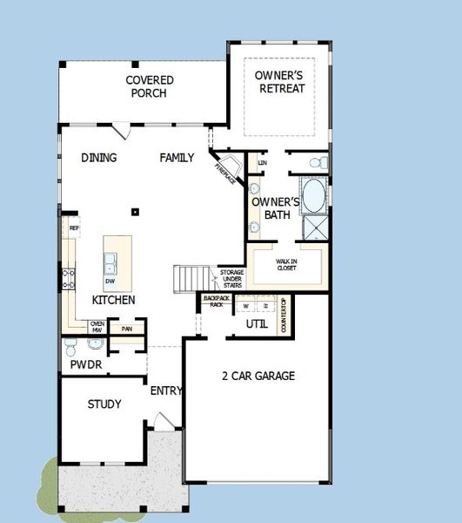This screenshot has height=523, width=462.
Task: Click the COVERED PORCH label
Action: tap(150, 86)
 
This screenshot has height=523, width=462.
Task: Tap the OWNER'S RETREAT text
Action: tap(279, 82)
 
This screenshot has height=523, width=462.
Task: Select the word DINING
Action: tap(99, 158)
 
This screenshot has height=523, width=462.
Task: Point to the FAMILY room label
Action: tap(177, 158)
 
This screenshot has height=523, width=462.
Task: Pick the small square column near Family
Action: tap(135, 211)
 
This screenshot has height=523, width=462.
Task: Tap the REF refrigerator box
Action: tap(74, 228)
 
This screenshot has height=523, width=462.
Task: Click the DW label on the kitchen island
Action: tap(110, 282)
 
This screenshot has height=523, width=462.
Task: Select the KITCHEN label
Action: tap(113, 300)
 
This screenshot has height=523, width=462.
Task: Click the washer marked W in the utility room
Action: tap(245, 306)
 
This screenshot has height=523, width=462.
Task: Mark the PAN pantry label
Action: tap(126, 329)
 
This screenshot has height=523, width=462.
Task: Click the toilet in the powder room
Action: tap(71, 349)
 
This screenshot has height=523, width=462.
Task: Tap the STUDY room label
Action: tap(104, 404)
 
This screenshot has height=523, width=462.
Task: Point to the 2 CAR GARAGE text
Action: tap(258, 376)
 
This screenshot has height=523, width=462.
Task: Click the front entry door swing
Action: tap(163, 421)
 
